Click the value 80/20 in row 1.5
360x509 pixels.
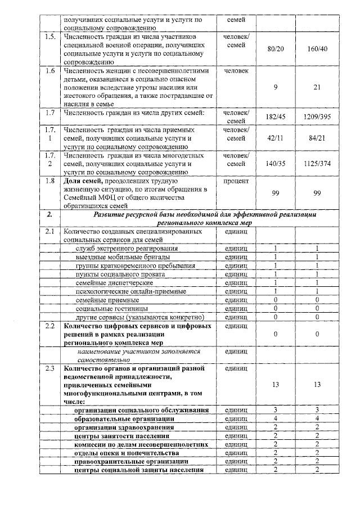click(x=276, y=49)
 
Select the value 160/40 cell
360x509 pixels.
click(x=318, y=49)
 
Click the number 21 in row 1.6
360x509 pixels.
click(x=318, y=87)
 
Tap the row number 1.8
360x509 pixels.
click(x=50, y=181)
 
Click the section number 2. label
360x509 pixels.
click(x=50, y=215)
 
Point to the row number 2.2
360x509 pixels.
click(x=50, y=326)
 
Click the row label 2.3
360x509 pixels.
click(x=50, y=369)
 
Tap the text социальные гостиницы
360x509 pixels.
click(x=112, y=309)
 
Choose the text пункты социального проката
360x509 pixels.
click(x=120, y=274)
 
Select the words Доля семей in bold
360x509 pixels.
click(x=85, y=181)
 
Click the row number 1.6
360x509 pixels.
click(x=50, y=71)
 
